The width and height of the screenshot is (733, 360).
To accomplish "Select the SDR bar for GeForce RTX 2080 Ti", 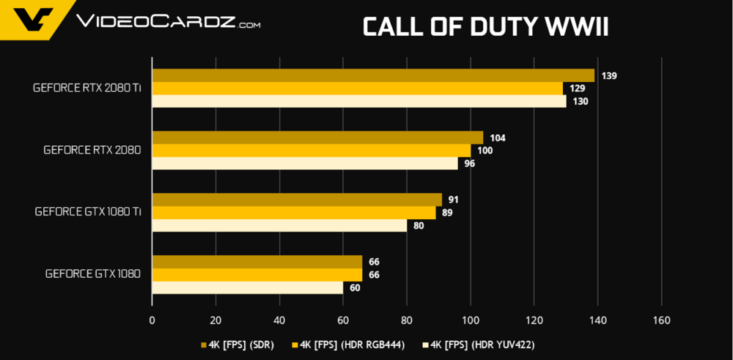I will (372, 76).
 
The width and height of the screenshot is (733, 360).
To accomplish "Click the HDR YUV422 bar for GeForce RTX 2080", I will (304, 164).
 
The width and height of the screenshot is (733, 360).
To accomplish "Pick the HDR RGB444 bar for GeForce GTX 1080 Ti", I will (293, 213).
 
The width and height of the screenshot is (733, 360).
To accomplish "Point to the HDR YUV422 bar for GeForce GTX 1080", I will (247, 287).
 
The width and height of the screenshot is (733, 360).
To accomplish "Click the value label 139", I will (608, 76).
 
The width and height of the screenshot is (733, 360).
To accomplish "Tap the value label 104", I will (498, 138).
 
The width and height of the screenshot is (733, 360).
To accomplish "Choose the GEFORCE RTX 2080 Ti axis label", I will (87, 87).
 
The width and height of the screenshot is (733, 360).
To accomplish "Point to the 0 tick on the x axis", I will (152, 320).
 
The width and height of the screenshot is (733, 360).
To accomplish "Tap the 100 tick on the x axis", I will (470, 320).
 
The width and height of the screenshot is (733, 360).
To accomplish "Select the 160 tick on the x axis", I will (661, 320).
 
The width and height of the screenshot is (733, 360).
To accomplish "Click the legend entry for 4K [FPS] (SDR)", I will (237, 345).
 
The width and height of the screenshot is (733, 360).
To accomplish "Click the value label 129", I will (577, 89).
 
